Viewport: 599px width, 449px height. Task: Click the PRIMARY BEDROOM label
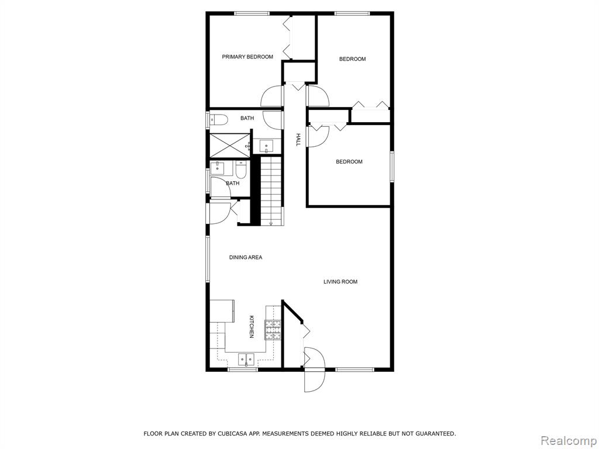[x=247, y=57]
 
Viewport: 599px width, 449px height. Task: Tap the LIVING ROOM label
[x=340, y=282]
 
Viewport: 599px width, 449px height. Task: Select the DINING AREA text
[x=246, y=257]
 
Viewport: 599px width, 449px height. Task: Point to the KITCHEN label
[x=252, y=326]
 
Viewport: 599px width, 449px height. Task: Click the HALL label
[x=298, y=139]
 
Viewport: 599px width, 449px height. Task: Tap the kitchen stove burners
[x=273, y=330]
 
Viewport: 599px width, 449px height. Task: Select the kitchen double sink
[x=246, y=360]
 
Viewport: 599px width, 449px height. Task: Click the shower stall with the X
[x=229, y=144]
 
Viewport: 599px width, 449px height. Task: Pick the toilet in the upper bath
[x=219, y=120]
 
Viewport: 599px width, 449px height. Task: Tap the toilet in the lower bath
[x=241, y=170]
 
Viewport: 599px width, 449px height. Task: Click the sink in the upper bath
[x=266, y=146]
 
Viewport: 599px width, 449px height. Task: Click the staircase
[x=273, y=192]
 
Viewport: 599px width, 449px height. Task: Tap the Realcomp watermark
[x=569, y=441]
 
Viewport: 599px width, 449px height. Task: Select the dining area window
[x=208, y=259]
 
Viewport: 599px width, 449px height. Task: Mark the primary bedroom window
[x=252, y=14]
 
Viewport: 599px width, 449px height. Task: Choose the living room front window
[x=354, y=369]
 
